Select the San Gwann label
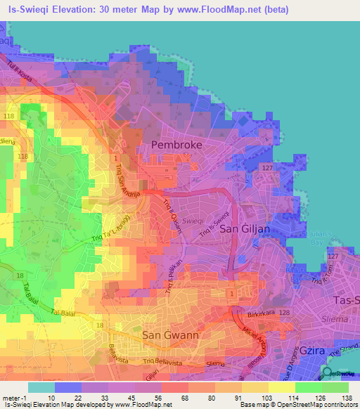[170, 335]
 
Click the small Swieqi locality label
[193, 220]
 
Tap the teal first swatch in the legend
[41, 387]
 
